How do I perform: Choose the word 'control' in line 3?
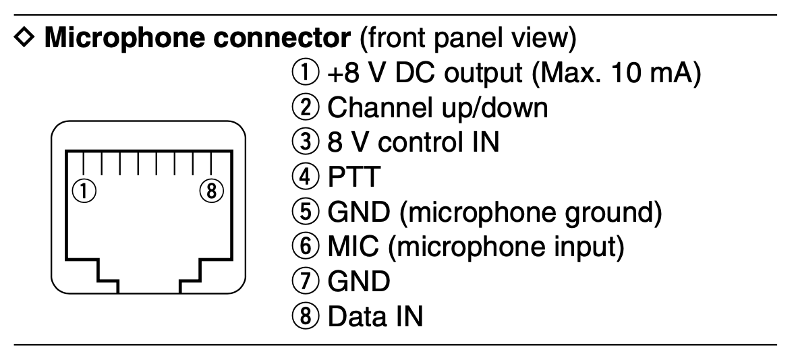pos(427,143)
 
